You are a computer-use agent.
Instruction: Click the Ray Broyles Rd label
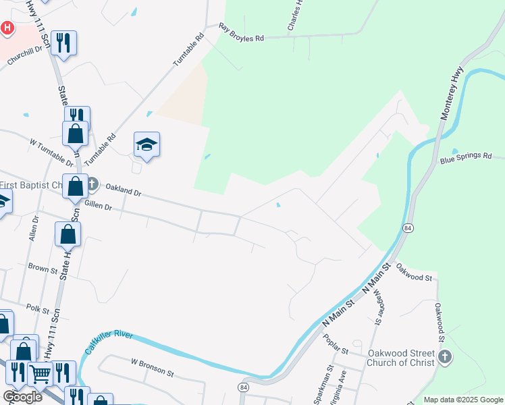(241, 34)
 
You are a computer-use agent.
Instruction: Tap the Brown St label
(43, 268)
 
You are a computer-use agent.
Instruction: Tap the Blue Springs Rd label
(466, 159)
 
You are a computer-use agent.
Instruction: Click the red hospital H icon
(7, 28)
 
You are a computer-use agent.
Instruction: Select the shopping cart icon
(41, 373)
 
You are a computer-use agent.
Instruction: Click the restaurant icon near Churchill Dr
(63, 43)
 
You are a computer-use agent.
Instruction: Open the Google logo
(23, 396)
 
